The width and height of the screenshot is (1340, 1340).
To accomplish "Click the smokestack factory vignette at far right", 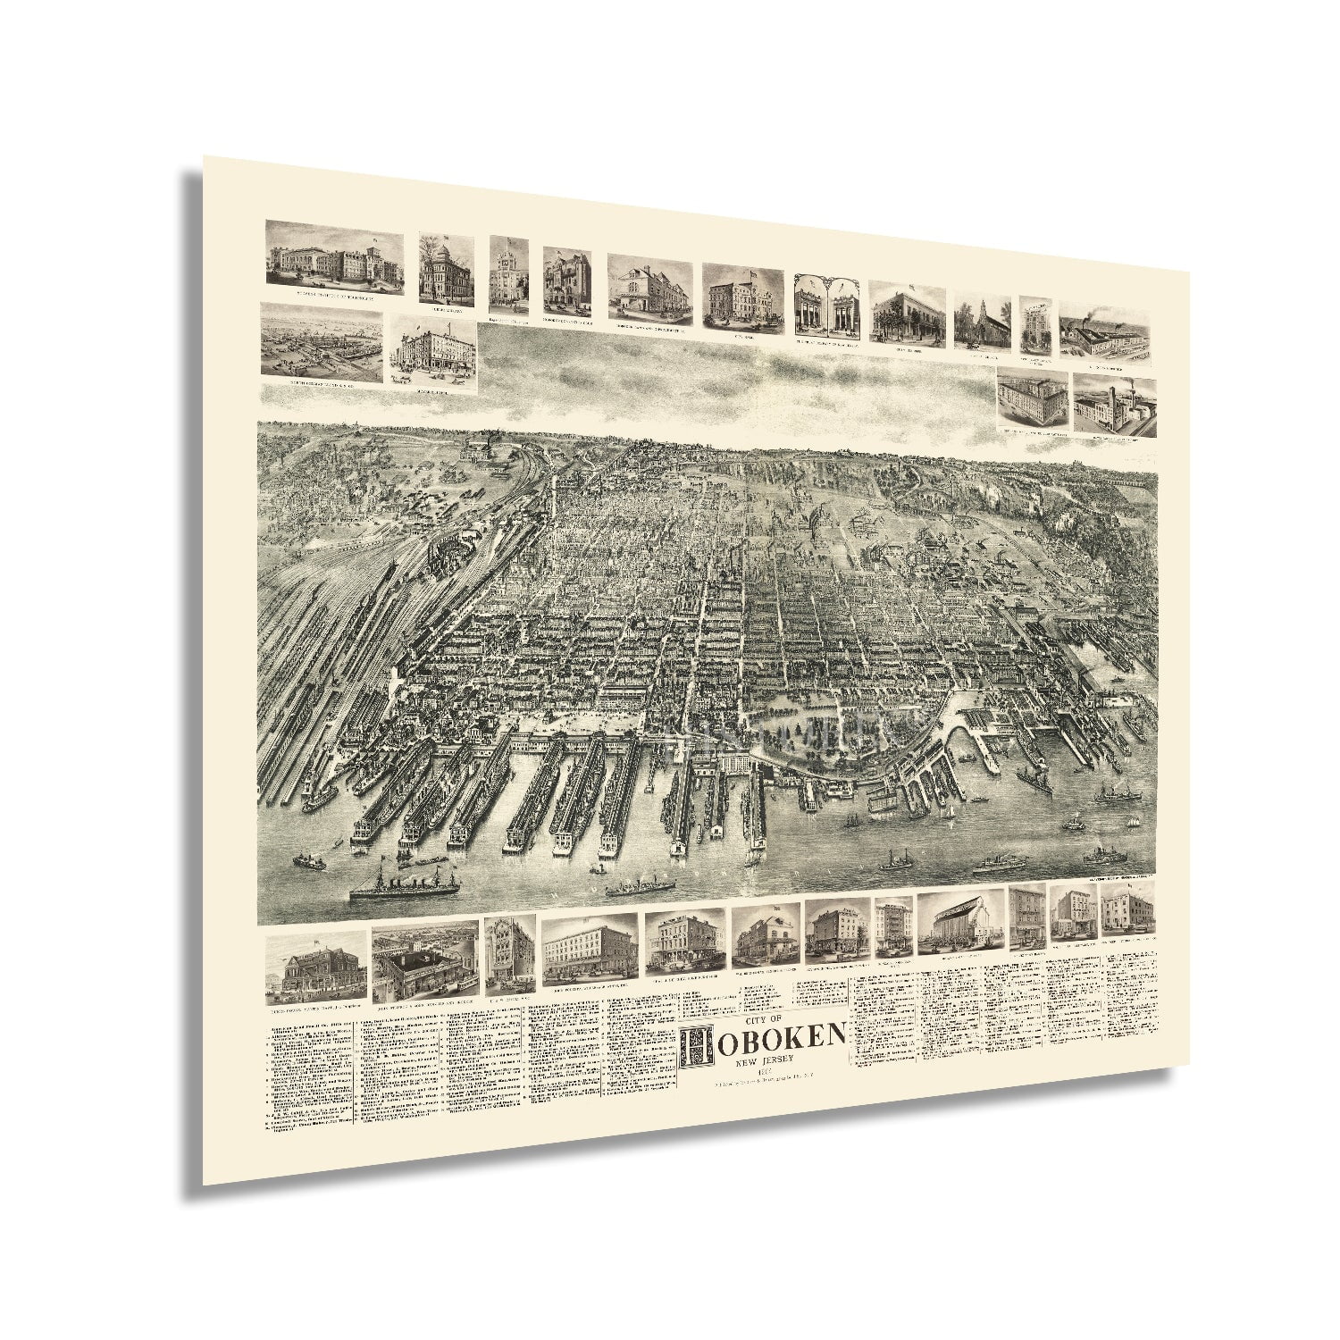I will [1115, 405].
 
